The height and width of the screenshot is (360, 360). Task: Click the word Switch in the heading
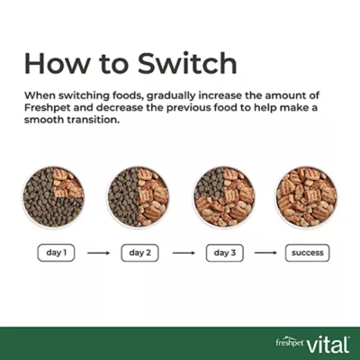(x=187, y=63)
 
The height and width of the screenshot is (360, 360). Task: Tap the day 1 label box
(x=56, y=253)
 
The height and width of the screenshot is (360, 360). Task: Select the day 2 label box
(x=139, y=253)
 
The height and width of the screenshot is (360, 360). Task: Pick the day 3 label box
(x=225, y=253)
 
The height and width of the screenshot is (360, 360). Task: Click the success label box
(x=308, y=253)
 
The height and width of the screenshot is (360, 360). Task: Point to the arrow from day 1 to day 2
(x=99, y=253)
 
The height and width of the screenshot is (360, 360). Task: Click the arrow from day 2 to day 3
(x=184, y=253)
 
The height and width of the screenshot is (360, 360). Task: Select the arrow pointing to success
(x=265, y=253)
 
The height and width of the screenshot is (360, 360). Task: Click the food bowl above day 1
(x=53, y=197)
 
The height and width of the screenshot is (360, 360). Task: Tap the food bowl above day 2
(x=139, y=197)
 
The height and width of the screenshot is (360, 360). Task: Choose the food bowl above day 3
(x=224, y=197)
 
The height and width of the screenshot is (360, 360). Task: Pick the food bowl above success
(x=306, y=197)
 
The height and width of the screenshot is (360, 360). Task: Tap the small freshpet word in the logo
(x=290, y=342)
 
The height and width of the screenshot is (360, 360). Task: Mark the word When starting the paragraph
(x=40, y=95)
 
